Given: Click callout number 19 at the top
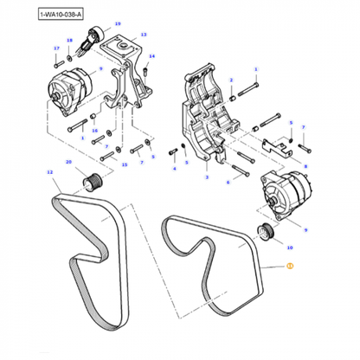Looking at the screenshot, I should point(118,25).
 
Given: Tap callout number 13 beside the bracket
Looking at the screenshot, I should point(144,35).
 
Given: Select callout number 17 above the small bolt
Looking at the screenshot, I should point(56,48).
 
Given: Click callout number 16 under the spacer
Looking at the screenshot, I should point(95,130).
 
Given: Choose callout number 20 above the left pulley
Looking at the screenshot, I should point(67,162).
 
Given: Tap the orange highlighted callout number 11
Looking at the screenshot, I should point(290,268).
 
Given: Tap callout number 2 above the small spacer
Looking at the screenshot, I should point(231,80).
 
